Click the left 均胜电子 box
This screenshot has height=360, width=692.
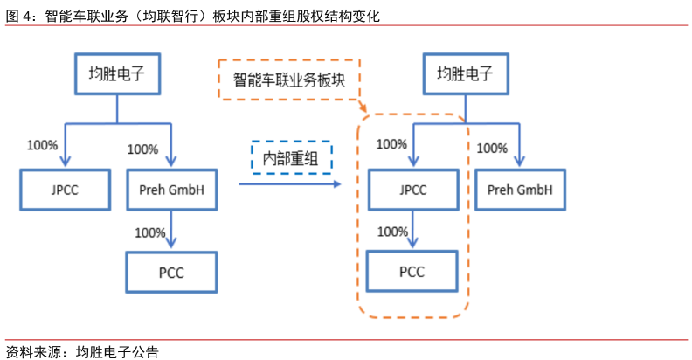(x=118, y=74)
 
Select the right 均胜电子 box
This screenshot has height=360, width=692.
(x=465, y=74)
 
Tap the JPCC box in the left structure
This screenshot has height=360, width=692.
(x=66, y=189)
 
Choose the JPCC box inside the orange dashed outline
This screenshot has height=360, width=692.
(x=412, y=189)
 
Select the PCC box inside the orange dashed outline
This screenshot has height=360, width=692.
(x=412, y=271)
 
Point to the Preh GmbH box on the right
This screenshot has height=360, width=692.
(x=520, y=189)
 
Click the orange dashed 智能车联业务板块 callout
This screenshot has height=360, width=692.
(x=289, y=80)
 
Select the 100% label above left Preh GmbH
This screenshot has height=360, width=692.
(x=142, y=149)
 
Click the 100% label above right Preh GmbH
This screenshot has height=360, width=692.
(x=493, y=148)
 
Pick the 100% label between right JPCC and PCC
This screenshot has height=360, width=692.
(x=391, y=232)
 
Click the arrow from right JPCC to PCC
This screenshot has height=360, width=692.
(x=412, y=230)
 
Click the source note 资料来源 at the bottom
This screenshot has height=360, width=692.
(x=35, y=351)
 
